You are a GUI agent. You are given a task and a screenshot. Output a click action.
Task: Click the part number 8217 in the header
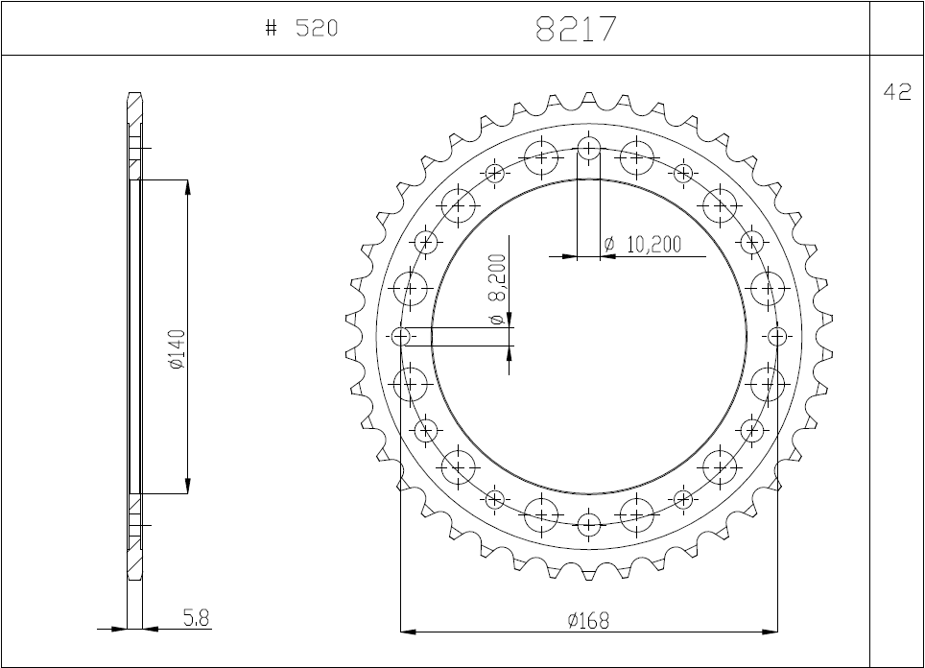point(576,29)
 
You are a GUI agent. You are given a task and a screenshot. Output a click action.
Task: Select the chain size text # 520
point(301,29)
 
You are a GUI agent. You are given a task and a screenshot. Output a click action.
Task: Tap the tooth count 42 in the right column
point(896,92)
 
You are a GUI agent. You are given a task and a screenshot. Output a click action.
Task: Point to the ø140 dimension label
point(175,349)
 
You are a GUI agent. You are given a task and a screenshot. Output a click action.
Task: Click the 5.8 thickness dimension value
point(196,619)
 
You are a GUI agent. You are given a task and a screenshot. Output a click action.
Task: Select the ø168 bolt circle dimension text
point(588,620)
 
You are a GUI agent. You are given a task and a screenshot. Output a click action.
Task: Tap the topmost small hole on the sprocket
point(589,149)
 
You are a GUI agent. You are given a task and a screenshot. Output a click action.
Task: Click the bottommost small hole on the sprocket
point(589,525)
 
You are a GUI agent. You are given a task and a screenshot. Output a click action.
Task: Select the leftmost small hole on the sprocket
point(401,337)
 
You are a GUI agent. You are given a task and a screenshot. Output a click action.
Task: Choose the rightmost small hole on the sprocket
point(777,337)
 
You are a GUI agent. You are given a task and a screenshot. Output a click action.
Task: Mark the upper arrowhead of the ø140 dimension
point(187,186)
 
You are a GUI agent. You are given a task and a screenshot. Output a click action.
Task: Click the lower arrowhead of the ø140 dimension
point(187,487)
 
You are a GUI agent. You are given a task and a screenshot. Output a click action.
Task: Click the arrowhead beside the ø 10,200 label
point(568,256)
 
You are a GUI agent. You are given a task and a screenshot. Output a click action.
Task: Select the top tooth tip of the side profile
point(134,95)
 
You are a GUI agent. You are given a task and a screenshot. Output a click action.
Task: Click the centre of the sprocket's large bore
point(589,337)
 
